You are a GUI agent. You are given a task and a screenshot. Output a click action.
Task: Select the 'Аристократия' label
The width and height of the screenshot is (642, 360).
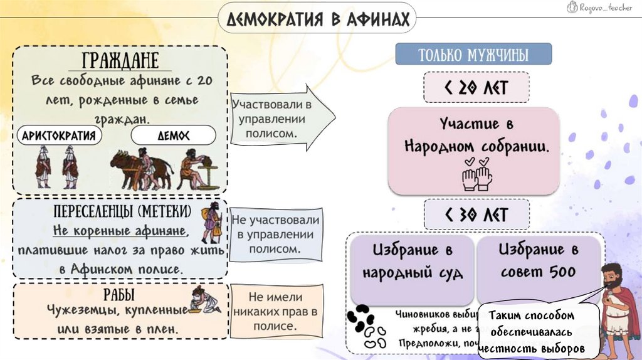coord(59,135)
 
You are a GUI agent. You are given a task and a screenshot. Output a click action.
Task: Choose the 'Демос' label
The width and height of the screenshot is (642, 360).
coord(173,135)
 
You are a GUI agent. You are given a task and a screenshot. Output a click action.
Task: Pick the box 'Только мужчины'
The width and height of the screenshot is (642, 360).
coord(473,55)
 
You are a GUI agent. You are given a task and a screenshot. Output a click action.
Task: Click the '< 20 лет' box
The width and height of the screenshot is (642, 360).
coord(476,87)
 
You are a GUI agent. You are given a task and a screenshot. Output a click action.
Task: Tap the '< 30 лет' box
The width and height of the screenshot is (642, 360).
coord(476,214)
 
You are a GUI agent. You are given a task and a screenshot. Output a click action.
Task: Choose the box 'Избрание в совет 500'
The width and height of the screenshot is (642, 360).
coord(539,262)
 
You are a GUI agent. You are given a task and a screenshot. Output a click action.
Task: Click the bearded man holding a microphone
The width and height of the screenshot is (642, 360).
coord(618,307)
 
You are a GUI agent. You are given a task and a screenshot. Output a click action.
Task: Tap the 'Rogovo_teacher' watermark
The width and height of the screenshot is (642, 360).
coord(603,7)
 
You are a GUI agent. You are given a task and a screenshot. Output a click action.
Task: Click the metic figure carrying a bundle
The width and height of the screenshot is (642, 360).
coord(211,223)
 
